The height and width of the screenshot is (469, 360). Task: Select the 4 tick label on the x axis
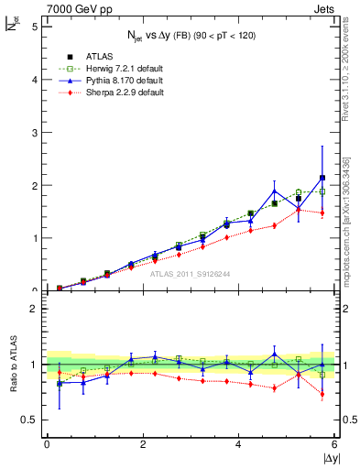pos(239,444)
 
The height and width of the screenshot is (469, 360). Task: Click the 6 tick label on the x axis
pos(334,444)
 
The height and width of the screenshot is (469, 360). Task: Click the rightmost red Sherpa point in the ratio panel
pos(322,395)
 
